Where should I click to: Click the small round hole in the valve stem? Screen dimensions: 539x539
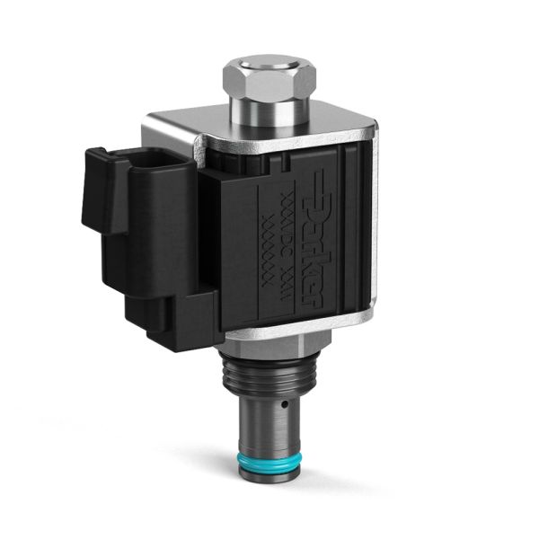coord(284,404)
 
